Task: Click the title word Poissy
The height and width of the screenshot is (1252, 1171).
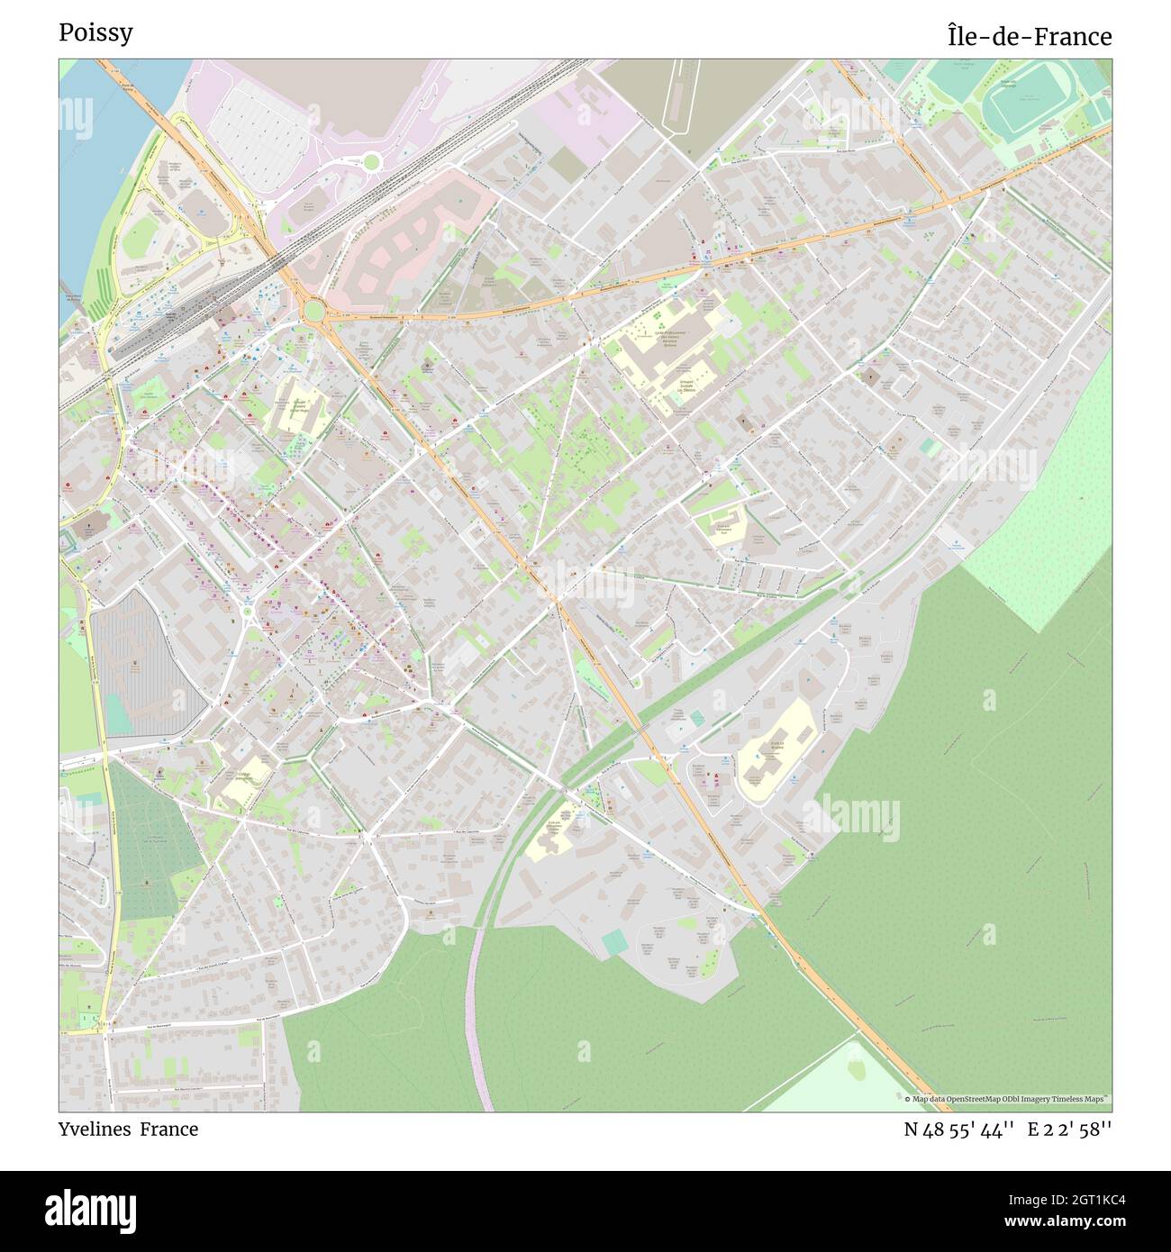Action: (95, 32)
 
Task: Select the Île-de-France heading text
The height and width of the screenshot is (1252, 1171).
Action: (1029, 36)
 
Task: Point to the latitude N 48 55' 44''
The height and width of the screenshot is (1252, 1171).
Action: (959, 1130)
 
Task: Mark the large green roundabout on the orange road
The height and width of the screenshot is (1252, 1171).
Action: (313, 311)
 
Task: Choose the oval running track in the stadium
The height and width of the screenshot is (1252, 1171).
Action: (1026, 107)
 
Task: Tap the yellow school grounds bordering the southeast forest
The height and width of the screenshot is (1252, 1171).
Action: (775, 748)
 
